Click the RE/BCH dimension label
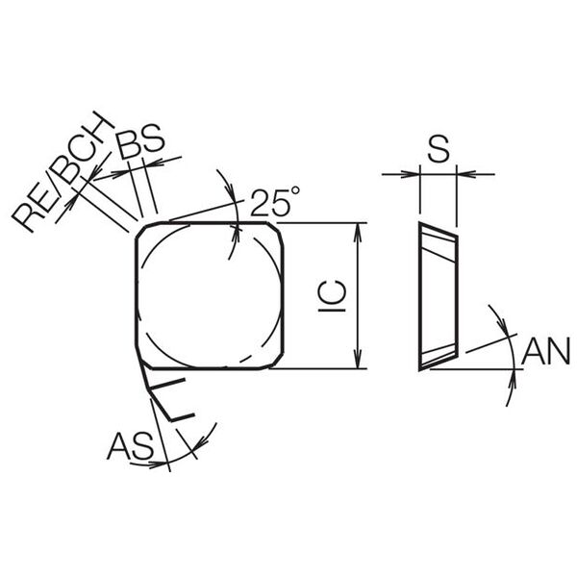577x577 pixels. click(x=63, y=171)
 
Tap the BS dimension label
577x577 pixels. click(x=139, y=141)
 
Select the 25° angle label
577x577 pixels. click(x=275, y=201)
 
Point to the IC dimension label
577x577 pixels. click(x=333, y=296)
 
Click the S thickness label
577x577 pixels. click(x=439, y=148)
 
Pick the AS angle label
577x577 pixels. click(x=130, y=445)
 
